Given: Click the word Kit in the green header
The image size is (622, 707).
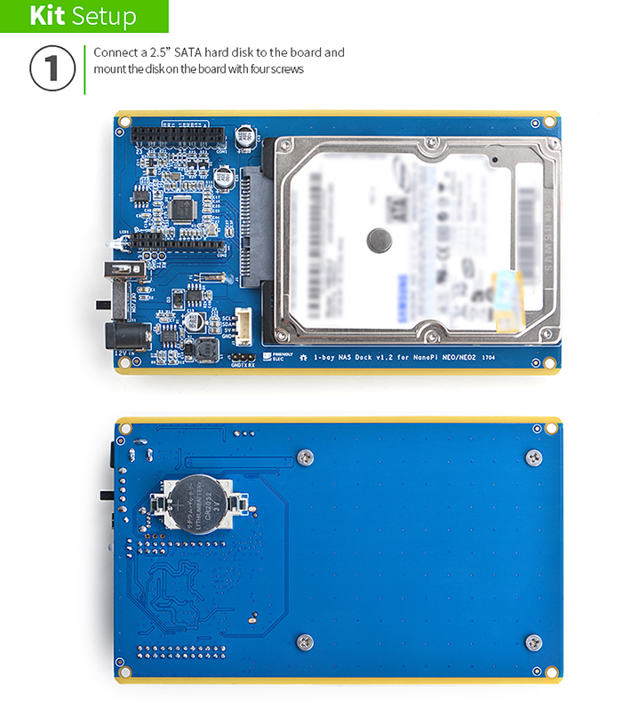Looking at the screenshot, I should [47, 16].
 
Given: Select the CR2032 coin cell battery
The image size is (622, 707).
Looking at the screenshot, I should [197, 502].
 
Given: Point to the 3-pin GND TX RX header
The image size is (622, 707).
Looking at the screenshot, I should [241, 354].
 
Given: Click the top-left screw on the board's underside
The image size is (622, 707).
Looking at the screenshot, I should [305, 457].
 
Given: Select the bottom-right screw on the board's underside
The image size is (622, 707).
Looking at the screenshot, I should [533, 641].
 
